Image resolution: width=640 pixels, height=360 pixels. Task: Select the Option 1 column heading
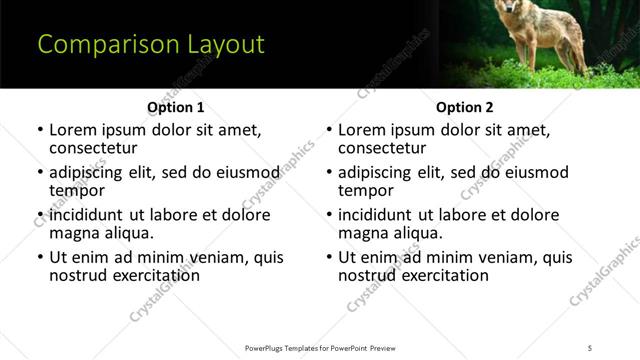tap(175, 107)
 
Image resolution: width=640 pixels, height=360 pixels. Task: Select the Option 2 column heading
tap(464, 107)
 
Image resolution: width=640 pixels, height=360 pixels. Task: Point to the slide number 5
tap(590, 347)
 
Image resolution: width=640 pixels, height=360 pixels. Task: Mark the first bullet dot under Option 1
tap(40, 131)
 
